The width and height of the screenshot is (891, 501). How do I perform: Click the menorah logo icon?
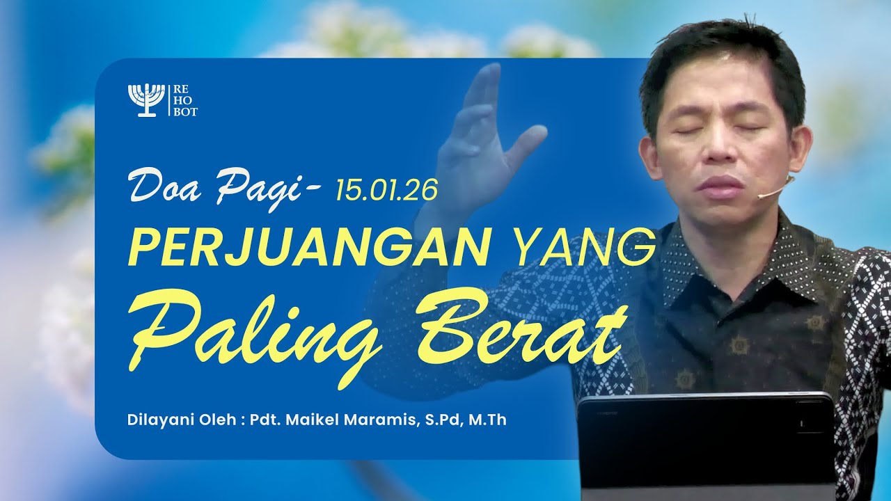pyautogui.click(x=146, y=100)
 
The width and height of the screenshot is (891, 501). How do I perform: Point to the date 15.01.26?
pyautogui.click(x=386, y=189)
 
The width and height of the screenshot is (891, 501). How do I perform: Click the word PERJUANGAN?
pyautogui.click(x=306, y=247)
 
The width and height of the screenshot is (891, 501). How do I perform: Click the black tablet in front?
pyautogui.click(x=706, y=445)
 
